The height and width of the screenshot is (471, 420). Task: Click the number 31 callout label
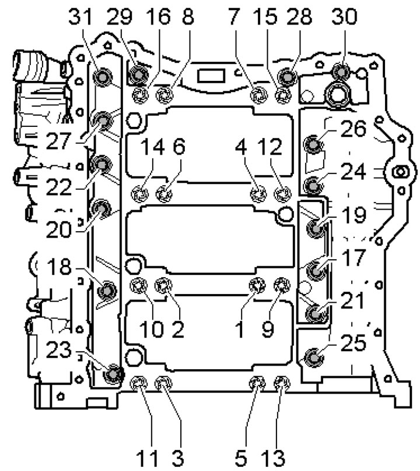tap(80, 16)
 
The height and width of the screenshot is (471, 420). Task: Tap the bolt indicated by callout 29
tap(138, 74)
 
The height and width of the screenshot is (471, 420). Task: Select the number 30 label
tap(345, 16)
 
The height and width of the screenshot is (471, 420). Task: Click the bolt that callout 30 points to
tap(341, 72)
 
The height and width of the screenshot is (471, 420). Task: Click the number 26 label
tap(353, 129)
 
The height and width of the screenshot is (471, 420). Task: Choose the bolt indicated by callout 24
tap(313, 186)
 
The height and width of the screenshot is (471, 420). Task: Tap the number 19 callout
tap(354, 215)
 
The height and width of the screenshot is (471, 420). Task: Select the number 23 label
tap(59, 350)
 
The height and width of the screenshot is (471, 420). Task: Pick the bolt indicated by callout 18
tap(107, 291)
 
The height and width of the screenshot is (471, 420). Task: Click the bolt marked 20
tap(101, 208)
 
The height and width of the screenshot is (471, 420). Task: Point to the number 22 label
tap(59, 187)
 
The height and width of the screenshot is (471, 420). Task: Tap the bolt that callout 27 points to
tap(103, 121)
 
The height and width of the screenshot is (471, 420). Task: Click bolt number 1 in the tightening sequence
tap(257, 285)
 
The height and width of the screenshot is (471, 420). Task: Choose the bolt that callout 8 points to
tap(164, 95)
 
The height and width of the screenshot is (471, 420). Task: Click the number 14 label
tap(152, 147)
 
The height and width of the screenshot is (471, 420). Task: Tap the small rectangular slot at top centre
tap(211, 76)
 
